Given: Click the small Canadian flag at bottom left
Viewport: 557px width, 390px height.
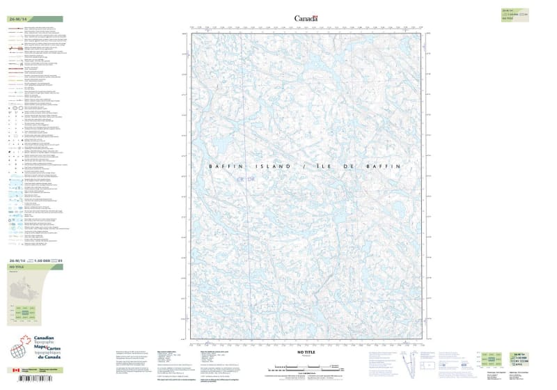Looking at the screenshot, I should [x=15, y=370].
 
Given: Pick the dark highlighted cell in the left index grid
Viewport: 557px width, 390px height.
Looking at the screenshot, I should [x=25, y=315].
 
